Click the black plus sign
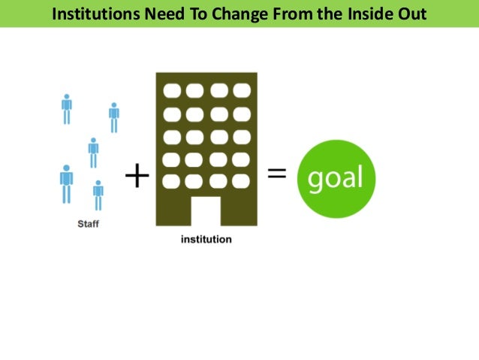click(137, 177)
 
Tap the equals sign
click(277, 174)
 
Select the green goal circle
click(335, 178)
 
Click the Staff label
click(89, 223)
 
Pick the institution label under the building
click(206, 240)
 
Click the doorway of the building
click(206, 210)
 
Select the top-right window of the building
click(241, 90)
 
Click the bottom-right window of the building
click(241, 182)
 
